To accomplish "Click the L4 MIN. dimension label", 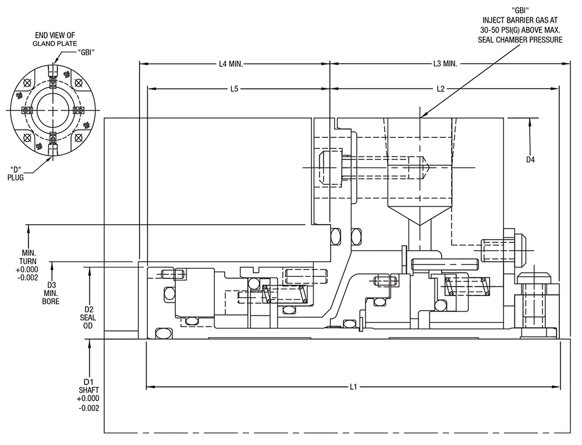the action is (x=231, y=64).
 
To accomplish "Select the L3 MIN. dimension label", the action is (x=445, y=64).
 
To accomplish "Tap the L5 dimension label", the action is (x=234, y=89).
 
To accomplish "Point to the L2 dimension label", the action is (x=440, y=89).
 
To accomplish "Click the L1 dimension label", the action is (x=353, y=387).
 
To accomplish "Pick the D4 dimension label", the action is (x=530, y=160).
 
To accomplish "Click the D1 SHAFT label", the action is (x=88, y=386).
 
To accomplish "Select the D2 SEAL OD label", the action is (x=88, y=318).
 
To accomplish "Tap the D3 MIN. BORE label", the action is (x=51, y=293).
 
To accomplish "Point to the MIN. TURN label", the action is (x=28, y=257).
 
